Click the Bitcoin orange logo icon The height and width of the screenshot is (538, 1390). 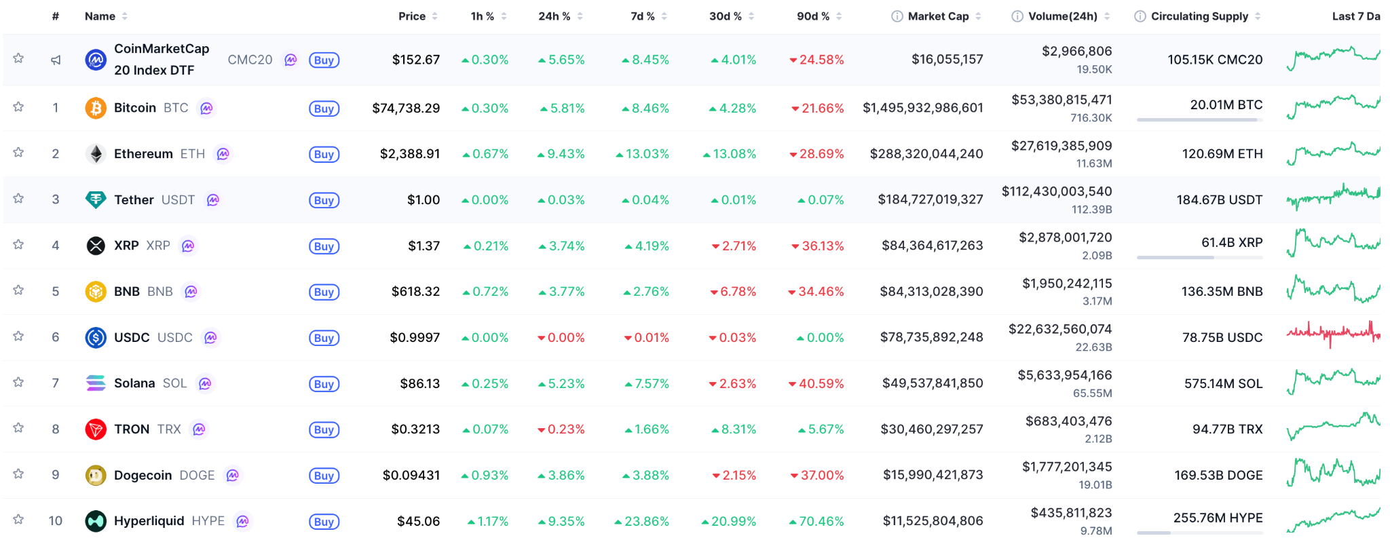pyautogui.click(x=96, y=108)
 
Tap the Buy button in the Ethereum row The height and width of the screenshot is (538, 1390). pyautogui.click(x=324, y=154)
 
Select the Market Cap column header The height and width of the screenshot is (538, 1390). pyautogui.click(x=938, y=16)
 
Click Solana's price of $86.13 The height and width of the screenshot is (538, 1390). pyautogui.click(x=419, y=383)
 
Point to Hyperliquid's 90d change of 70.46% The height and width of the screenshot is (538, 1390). pyautogui.click(x=821, y=521)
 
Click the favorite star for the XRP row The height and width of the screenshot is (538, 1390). pyautogui.click(x=19, y=245)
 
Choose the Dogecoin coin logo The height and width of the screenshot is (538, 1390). pyautogui.click(x=96, y=475)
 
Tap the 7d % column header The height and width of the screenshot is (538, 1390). pyautogui.click(x=642, y=16)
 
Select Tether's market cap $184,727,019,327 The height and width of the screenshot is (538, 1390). pyautogui.click(x=930, y=199)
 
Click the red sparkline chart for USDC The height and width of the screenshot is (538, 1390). pyautogui.click(x=1333, y=333)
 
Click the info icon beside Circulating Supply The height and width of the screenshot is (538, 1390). pyautogui.click(x=1140, y=16)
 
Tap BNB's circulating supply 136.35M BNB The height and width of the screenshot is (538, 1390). pyautogui.click(x=1222, y=291)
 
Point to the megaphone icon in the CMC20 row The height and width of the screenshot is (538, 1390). pyautogui.click(x=56, y=60)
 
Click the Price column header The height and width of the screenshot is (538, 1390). pyautogui.click(x=412, y=16)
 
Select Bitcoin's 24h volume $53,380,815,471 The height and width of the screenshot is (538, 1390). pyautogui.click(x=1062, y=100)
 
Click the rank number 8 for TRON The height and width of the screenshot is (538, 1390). pyautogui.click(x=56, y=429)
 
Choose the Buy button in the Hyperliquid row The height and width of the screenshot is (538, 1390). pyautogui.click(x=324, y=522)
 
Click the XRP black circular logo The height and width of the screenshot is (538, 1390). pyautogui.click(x=96, y=246)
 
